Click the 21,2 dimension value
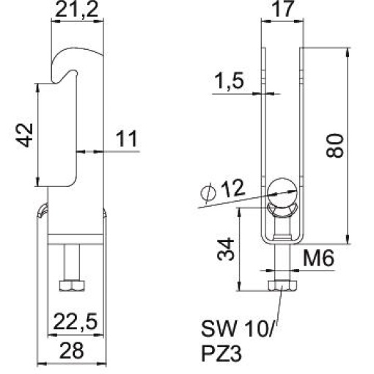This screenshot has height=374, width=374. (77, 10)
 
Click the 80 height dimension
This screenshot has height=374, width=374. (335, 147)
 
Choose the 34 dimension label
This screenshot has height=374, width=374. (226, 250)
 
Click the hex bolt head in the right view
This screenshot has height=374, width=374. (282, 285)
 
